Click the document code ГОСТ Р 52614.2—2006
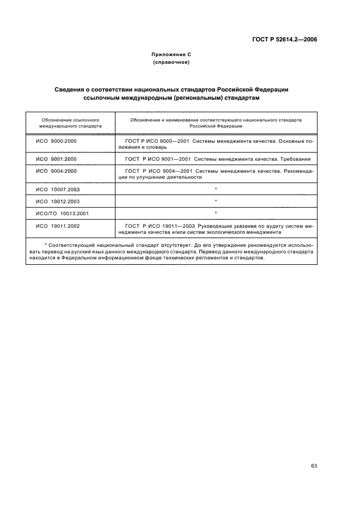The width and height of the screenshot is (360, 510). pyautogui.click(x=285, y=40)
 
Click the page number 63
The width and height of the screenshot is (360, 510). pyautogui.click(x=314, y=450)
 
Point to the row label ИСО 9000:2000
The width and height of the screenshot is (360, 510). pyautogui.click(x=56, y=141)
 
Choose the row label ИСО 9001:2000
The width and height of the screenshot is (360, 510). pyautogui.click(x=56, y=159)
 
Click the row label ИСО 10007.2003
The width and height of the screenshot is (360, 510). pyautogui.click(x=58, y=189)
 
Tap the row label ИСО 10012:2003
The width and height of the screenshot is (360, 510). pyautogui.click(x=58, y=201)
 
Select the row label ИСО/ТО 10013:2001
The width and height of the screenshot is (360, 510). pyautogui.click(x=62, y=212)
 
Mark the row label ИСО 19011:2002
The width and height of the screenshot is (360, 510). pyautogui.click(x=58, y=226)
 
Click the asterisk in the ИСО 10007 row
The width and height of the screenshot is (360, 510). pyautogui.click(x=216, y=189)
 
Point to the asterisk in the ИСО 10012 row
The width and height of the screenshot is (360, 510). pyautogui.click(x=216, y=201)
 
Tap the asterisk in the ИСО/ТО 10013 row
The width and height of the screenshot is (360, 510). pyautogui.click(x=216, y=213)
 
